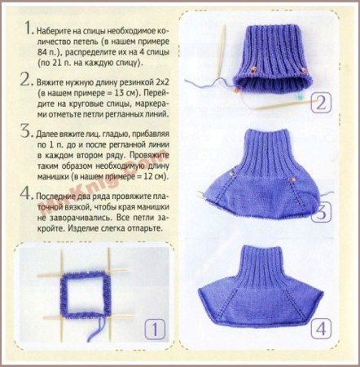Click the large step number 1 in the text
point(29,27)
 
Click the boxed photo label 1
point(155,329)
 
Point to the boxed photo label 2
point(321,103)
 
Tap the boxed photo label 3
point(321,211)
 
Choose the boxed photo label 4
point(321,329)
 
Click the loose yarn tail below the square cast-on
point(97,327)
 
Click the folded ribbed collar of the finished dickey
point(262,267)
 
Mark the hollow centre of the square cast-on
point(86,296)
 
